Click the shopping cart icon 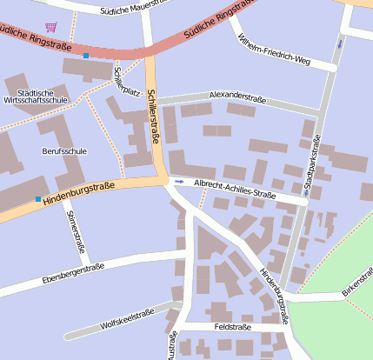50,27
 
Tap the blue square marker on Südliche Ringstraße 86,56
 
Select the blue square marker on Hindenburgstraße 37,200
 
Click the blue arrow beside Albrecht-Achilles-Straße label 179,182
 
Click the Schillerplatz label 127,80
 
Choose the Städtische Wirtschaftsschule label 36,96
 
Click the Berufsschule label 64,150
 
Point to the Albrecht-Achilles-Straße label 234,190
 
